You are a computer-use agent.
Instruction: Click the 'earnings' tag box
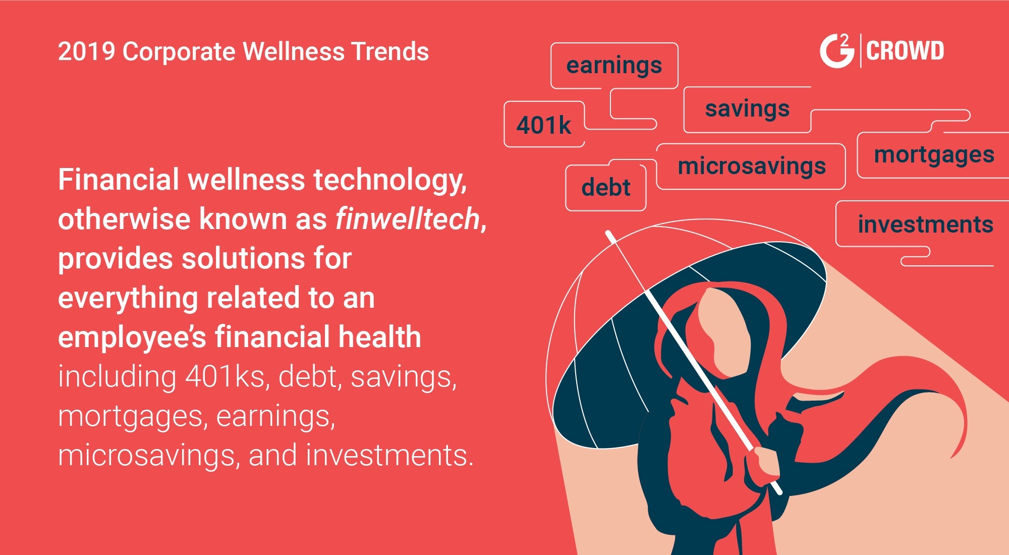(614, 66)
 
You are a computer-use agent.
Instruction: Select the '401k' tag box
(544, 124)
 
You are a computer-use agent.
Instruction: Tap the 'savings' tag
(747, 109)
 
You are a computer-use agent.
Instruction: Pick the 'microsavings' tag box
(751, 166)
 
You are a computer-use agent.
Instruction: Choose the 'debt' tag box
(606, 188)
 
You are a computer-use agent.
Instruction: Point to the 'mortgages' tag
(933, 155)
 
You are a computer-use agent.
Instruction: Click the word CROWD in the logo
(905, 51)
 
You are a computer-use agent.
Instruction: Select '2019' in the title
(87, 51)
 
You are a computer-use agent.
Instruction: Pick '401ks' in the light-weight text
(226, 377)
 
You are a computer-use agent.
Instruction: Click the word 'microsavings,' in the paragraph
(149, 456)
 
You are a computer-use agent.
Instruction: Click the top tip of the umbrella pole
(608, 233)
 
